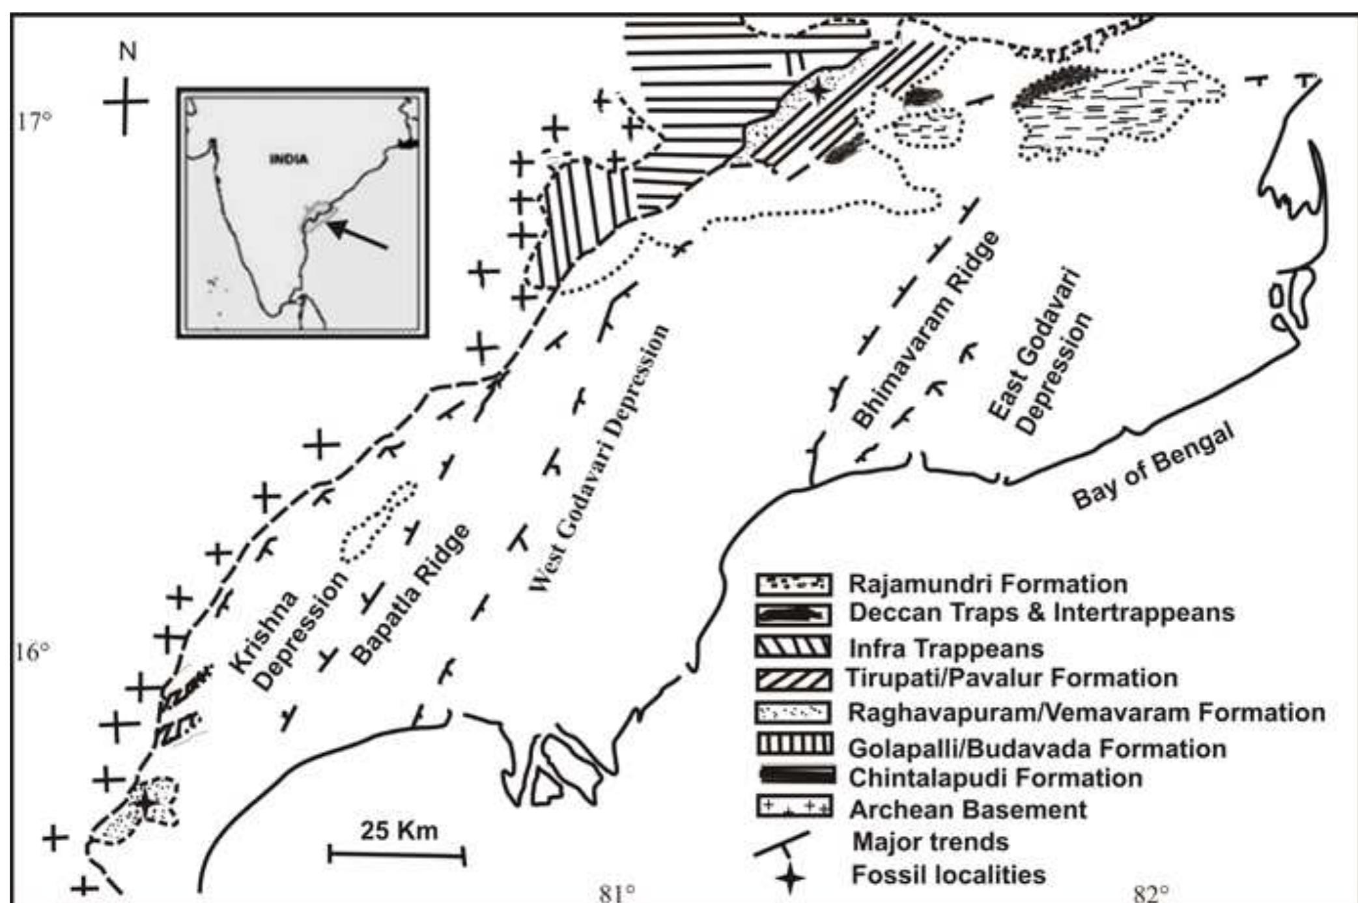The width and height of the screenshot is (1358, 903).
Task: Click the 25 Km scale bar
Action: tap(397, 854)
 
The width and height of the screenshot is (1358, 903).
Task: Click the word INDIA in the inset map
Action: tap(289, 159)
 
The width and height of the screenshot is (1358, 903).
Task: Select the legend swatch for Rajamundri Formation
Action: tap(793, 584)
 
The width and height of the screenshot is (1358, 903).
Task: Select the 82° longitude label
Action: tap(1151, 893)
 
